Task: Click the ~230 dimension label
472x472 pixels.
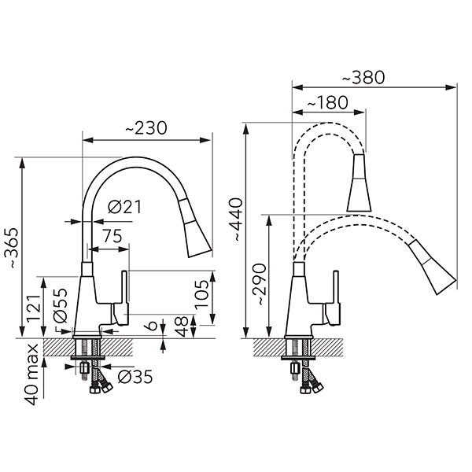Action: (x=146, y=128)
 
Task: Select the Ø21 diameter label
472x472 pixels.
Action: (x=124, y=207)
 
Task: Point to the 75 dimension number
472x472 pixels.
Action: (x=112, y=236)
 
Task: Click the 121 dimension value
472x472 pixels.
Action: (x=33, y=308)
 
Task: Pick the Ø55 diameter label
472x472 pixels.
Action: (x=60, y=305)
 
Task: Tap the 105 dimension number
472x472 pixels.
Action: (x=201, y=294)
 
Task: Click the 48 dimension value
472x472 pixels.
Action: (x=182, y=326)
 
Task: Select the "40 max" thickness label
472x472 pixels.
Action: (x=31, y=374)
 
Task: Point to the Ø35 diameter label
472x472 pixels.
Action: (x=135, y=377)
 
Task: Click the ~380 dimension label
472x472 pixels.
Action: (x=363, y=77)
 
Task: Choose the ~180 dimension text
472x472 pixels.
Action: (x=327, y=102)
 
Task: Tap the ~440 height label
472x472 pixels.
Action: (x=235, y=219)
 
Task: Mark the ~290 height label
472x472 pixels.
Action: (x=259, y=285)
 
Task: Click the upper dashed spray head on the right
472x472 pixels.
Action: (x=359, y=183)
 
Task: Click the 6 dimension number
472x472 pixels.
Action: (x=153, y=326)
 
